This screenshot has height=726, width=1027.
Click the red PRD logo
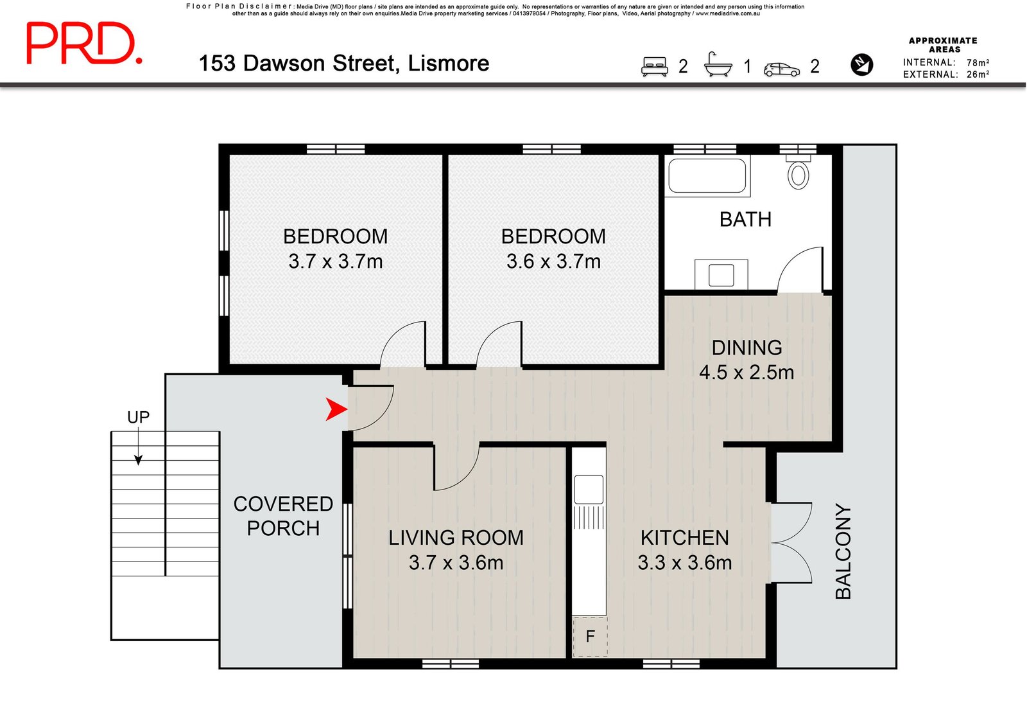coord(84,42)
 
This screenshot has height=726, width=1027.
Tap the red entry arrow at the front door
coord(336,409)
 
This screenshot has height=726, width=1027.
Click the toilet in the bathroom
coord(798,172)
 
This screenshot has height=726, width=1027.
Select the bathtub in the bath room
coord(707,176)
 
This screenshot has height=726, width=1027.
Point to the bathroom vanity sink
coord(721,274)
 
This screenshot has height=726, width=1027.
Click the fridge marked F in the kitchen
coord(590,636)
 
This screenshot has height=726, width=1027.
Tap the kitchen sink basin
coord(589,489)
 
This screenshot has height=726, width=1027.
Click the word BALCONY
coord(843,551)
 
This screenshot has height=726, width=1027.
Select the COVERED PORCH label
coord(283,516)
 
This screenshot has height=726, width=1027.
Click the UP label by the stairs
coord(139,417)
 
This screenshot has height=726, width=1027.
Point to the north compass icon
coord(861,64)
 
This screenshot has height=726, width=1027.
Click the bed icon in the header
coord(654,66)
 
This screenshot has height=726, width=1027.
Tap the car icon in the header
coord(782,69)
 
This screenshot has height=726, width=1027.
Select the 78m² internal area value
coord(978,63)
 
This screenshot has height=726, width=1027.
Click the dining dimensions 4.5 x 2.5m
coord(747,372)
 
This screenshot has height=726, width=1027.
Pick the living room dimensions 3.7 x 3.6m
coord(456,563)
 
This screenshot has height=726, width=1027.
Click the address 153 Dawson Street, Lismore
coord(344,64)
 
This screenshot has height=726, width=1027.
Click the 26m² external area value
coord(978,75)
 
